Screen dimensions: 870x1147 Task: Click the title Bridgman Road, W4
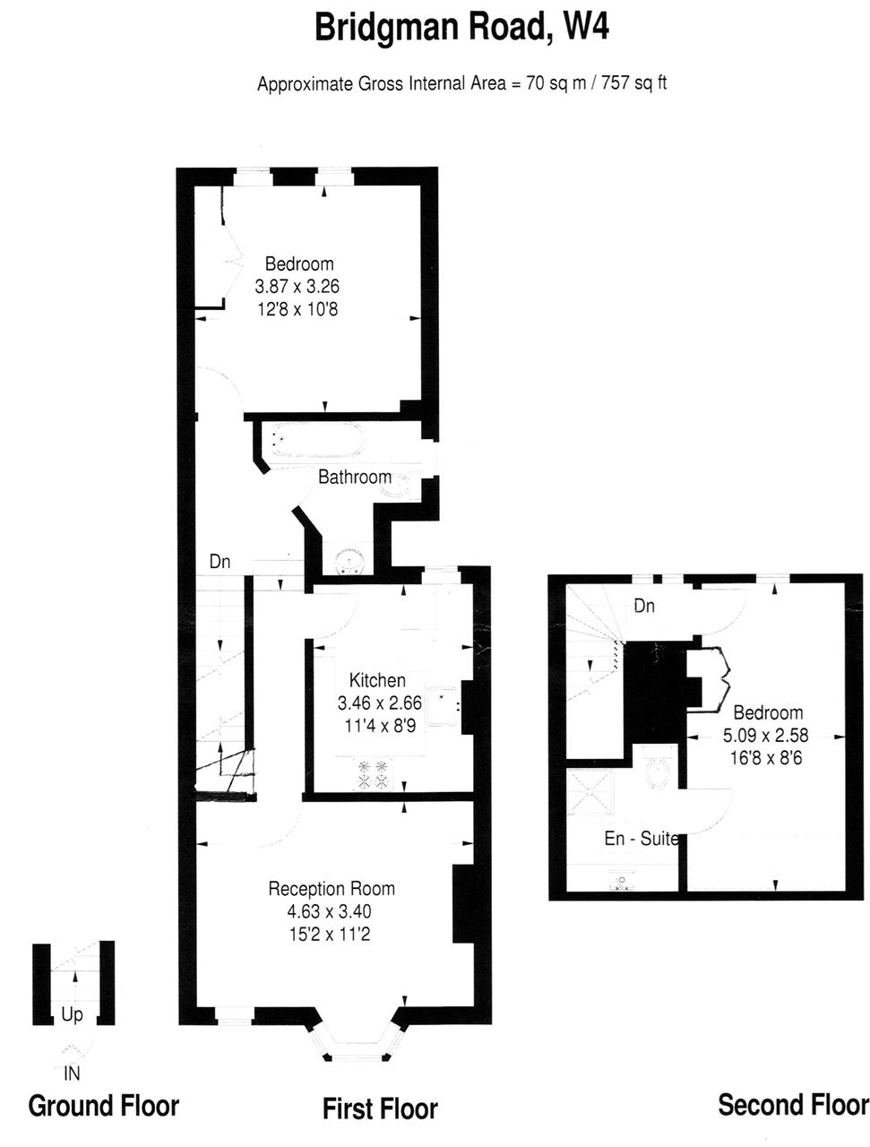pyautogui.click(x=461, y=28)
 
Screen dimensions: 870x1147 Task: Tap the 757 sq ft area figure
pyautogui.click(x=633, y=83)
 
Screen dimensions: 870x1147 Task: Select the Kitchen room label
pyautogui.click(x=376, y=680)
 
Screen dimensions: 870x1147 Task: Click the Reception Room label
pyautogui.click(x=332, y=888)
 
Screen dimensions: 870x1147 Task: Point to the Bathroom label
pyautogui.click(x=354, y=477)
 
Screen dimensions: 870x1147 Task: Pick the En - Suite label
pyautogui.click(x=642, y=838)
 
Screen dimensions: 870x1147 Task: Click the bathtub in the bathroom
pyautogui.click(x=317, y=439)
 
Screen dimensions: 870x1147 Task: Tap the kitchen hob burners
pyautogui.click(x=373, y=773)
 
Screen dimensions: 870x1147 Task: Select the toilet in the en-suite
pyautogui.click(x=659, y=766)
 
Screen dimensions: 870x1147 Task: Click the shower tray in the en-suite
pyautogui.click(x=590, y=792)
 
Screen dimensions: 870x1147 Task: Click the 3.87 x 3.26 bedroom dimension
pyautogui.click(x=297, y=287)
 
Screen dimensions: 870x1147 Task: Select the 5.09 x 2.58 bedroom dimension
pyautogui.click(x=765, y=735)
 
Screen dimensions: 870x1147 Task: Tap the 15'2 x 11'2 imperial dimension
pyautogui.click(x=330, y=934)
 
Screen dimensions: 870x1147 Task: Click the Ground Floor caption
pyautogui.click(x=103, y=1106)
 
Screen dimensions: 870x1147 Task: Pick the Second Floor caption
pyautogui.click(x=793, y=1105)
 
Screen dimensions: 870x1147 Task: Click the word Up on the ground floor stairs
pyautogui.click(x=72, y=1014)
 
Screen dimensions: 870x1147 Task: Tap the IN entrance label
pyautogui.click(x=72, y=1074)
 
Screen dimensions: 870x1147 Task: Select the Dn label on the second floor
pyautogui.click(x=643, y=606)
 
